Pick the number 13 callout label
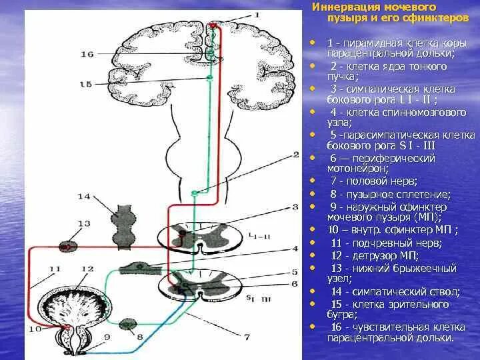point(83,223)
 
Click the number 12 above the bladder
point(87,268)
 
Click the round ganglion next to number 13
point(69,245)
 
